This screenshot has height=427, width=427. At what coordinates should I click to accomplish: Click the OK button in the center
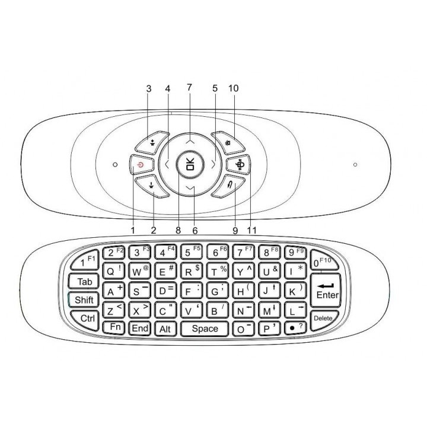[x=189, y=165]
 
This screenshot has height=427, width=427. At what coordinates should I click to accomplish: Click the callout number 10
[x=232, y=88]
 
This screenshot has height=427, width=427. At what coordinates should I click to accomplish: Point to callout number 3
[x=149, y=88]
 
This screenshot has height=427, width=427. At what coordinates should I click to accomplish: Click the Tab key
[x=84, y=281]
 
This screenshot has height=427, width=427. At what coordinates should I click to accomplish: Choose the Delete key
[x=323, y=317]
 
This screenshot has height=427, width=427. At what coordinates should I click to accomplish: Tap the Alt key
[x=164, y=328]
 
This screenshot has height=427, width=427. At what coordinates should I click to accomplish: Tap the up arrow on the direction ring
[x=189, y=142]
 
